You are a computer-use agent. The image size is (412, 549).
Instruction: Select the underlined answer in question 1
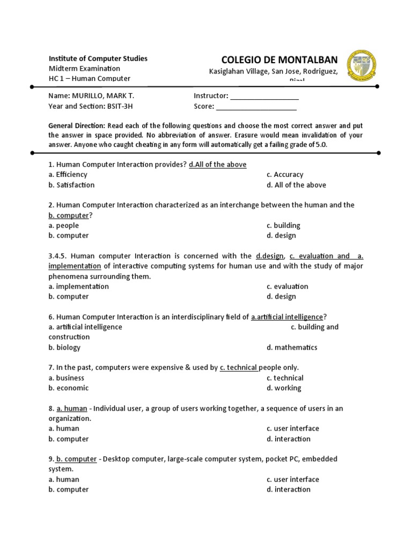pyautogui.click(x=217, y=165)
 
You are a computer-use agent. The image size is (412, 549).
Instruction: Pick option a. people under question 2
pyautogui.click(x=63, y=226)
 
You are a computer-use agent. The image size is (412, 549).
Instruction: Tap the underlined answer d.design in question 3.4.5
pyautogui.click(x=269, y=256)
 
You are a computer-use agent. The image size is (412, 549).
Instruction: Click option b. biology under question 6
pyautogui.click(x=64, y=347)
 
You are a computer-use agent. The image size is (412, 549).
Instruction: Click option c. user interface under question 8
pyautogui.click(x=292, y=428)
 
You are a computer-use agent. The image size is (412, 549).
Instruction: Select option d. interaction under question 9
pyautogui.click(x=288, y=489)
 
